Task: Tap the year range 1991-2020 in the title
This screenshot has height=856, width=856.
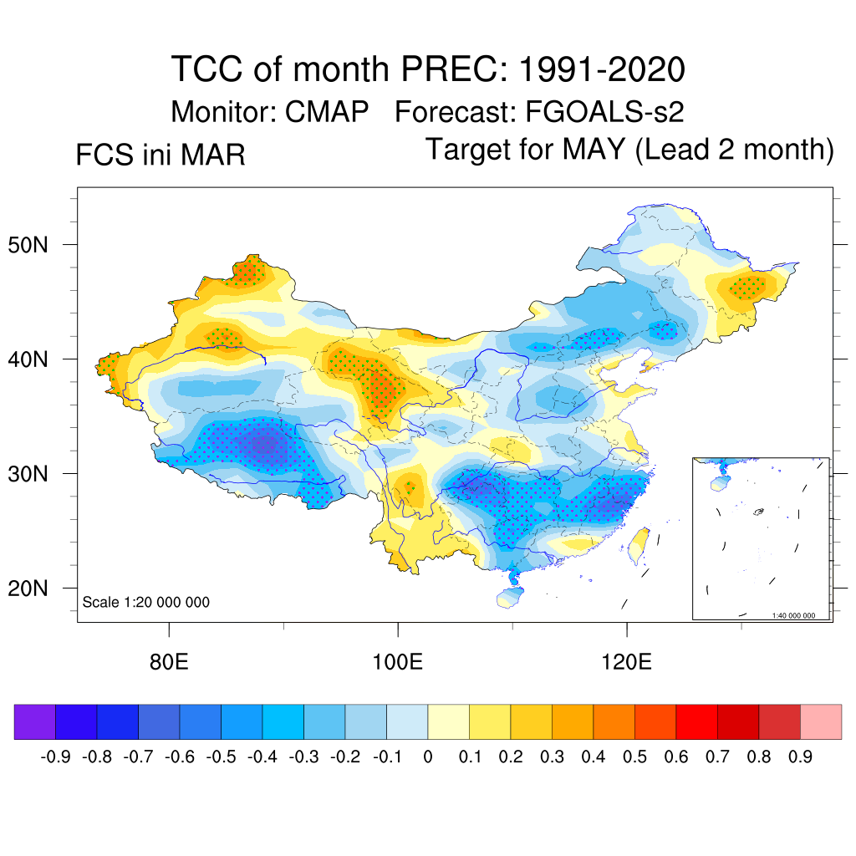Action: [602, 69]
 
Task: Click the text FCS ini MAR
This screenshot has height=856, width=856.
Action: [160, 155]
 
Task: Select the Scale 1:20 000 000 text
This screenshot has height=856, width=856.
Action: [146, 602]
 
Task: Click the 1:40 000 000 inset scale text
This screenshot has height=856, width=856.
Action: [799, 615]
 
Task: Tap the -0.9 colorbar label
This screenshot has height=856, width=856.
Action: [56, 758]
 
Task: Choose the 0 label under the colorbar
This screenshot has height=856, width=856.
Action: [428, 758]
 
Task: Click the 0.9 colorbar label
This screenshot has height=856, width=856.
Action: [801, 758]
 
